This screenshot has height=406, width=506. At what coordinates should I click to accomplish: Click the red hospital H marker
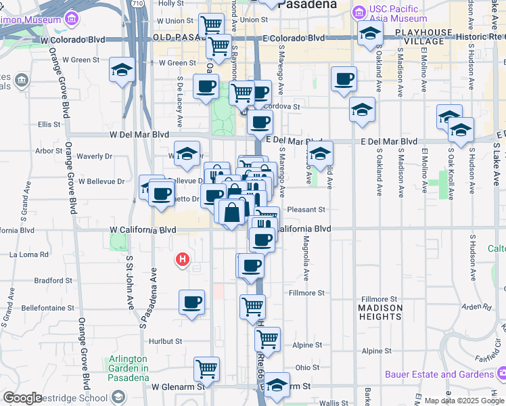[181, 259]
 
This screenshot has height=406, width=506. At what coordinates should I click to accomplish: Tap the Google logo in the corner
[22, 398]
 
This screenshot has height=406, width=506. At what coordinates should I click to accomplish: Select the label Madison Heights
[380, 312]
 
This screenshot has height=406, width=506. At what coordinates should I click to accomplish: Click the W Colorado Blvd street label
[72, 40]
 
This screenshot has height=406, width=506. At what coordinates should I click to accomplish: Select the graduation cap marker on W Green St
[122, 70]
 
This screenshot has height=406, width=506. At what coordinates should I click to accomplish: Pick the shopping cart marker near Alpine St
[268, 339]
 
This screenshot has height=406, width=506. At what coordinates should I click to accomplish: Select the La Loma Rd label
[29, 255]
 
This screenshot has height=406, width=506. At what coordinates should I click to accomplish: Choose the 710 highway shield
[138, 3]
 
